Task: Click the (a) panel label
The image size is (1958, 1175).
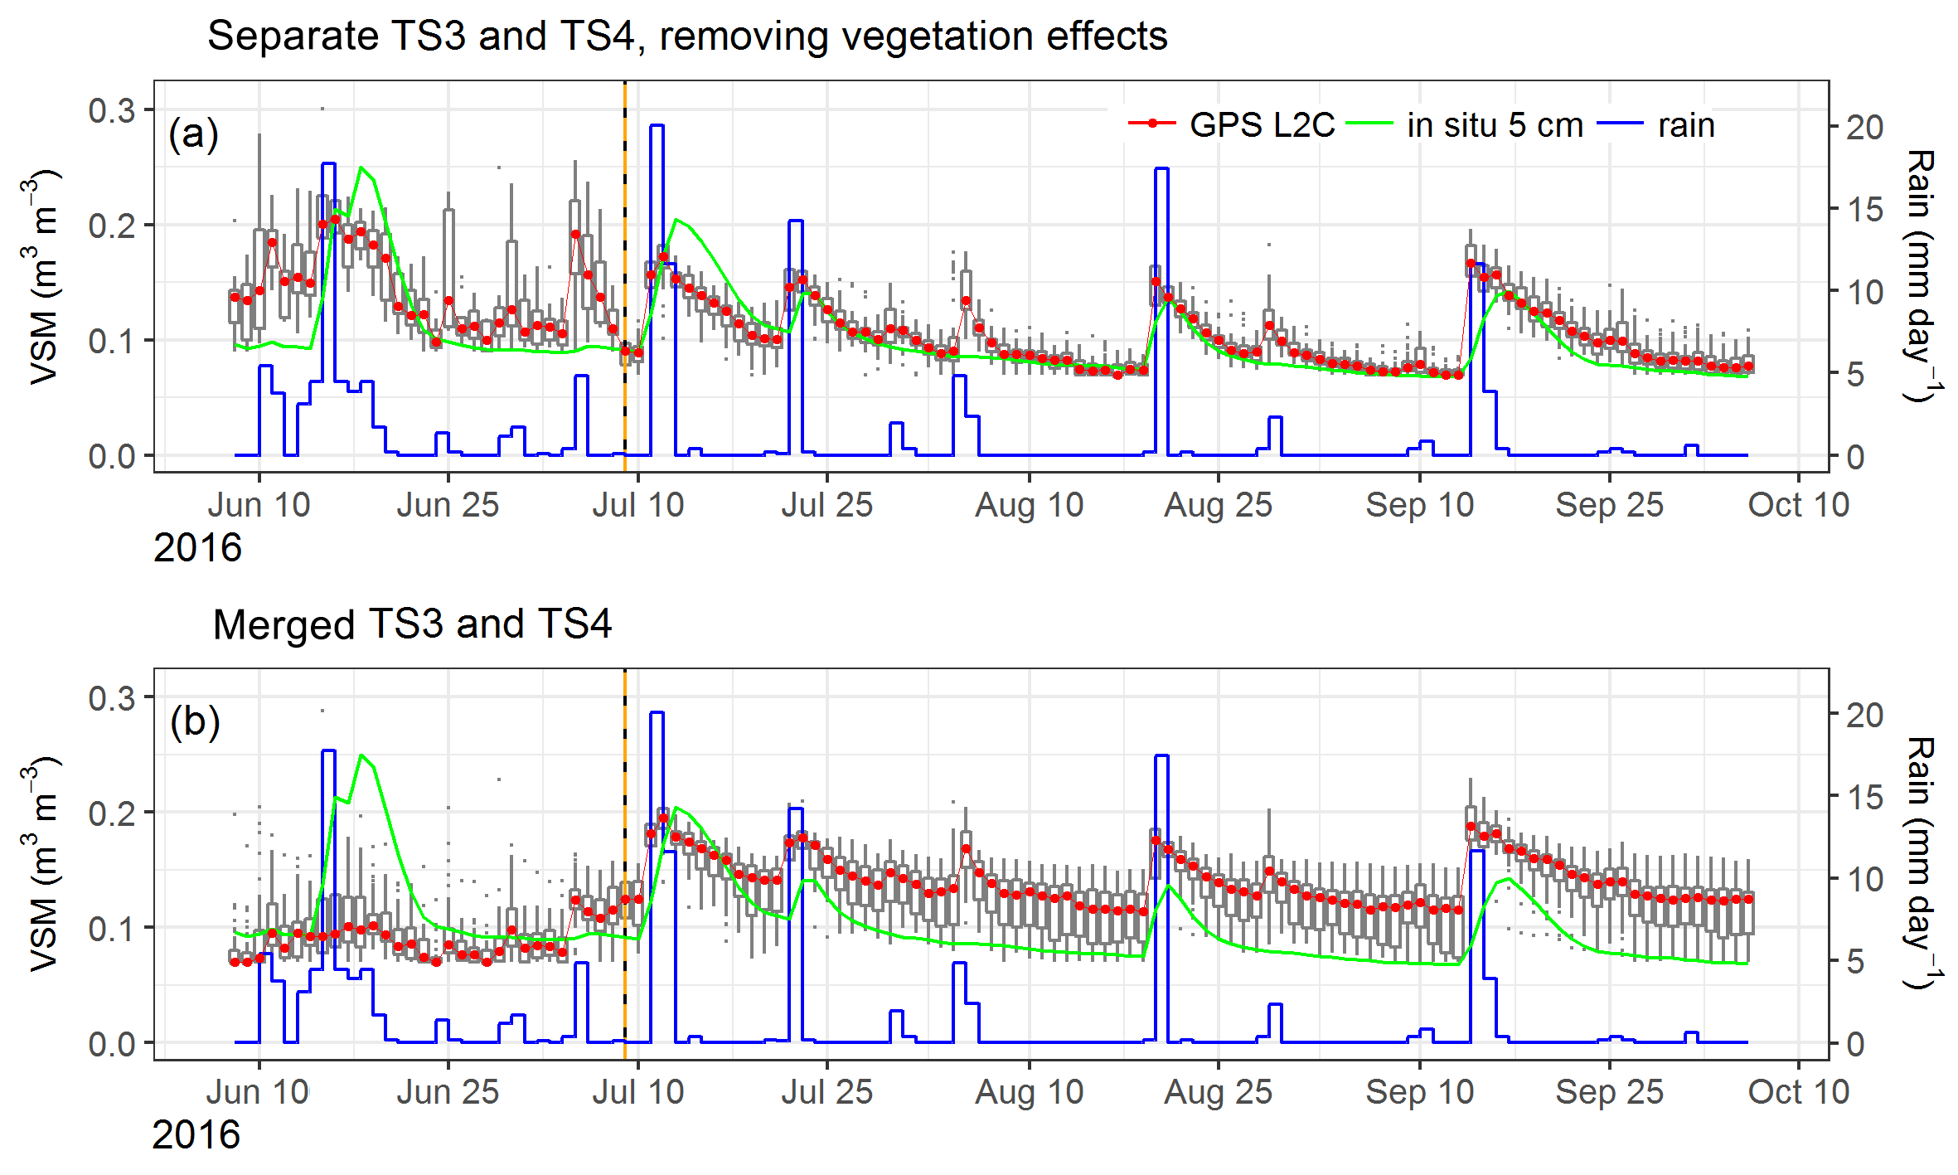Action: pyautogui.click(x=193, y=134)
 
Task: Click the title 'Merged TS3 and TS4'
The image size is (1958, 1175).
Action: pyautogui.click(x=412, y=624)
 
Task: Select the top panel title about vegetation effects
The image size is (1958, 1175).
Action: pyautogui.click(x=687, y=36)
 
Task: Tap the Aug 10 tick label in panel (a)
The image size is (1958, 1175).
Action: pyautogui.click(x=1029, y=504)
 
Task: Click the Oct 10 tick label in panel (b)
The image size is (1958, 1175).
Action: pyautogui.click(x=1798, y=1091)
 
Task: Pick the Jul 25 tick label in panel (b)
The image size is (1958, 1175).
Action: pyautogui.click(x=826, y=1091)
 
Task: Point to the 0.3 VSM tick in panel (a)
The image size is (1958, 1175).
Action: pyautogui.click(x=112, y=110)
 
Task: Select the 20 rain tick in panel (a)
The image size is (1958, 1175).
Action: pyautogui.click(x=1863, y=127)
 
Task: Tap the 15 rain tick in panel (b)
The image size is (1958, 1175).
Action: pyautogui.click(x=1863, y=797)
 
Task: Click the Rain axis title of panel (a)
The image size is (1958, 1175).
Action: pyautogui.click(x=1920, y=275)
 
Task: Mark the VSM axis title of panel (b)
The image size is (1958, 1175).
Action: pyautogui.click(x=43, y=862)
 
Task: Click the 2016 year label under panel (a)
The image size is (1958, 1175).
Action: pyautogui.click(x=197, y=548)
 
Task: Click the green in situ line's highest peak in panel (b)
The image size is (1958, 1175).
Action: pyautogui.click(x=362, y=755)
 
